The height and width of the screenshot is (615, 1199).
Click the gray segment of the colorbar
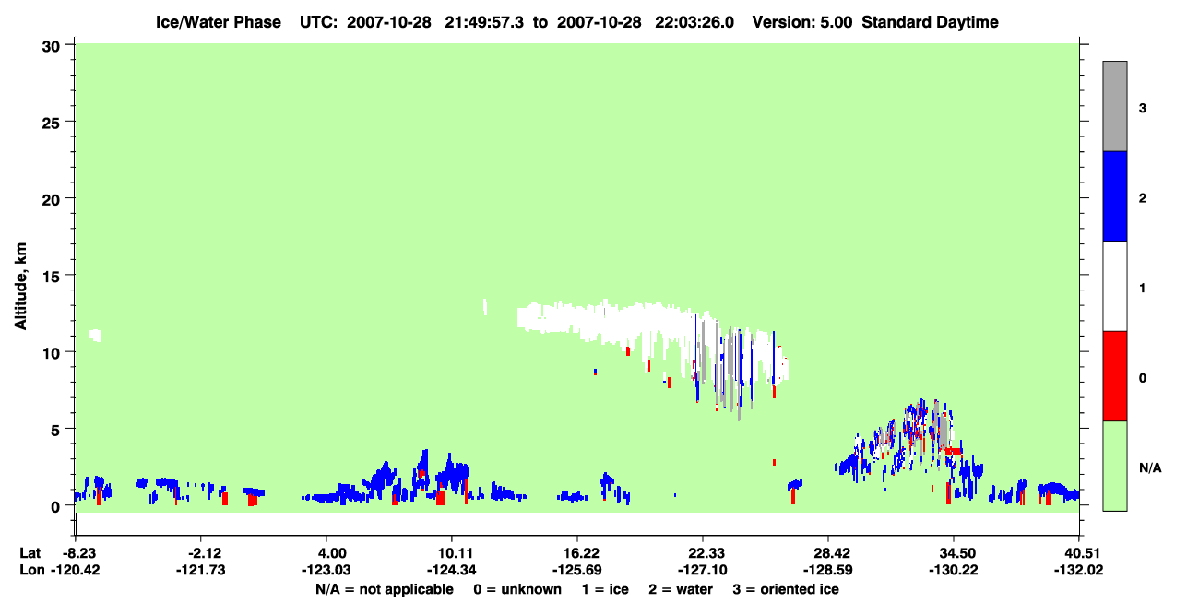pyautogui.click(x=1114, y=106)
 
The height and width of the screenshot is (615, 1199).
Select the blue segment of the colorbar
pyautogui.click(x=1114, y=195)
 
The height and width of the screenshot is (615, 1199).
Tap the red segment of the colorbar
pyautogui.click(x=1114, y=376)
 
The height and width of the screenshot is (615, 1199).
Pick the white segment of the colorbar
pyautogui.click(x=1114, y=286)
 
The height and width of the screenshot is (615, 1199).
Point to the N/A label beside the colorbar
pyautogui.click(x=1150, y=468)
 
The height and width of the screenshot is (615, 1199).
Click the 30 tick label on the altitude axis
pyautogui.click(x=51, y=47)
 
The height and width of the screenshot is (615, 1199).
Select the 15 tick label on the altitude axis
pyautogui.click(x=51, y=276)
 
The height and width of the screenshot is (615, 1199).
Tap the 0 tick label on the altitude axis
pyautogui.click(x=55, y=507)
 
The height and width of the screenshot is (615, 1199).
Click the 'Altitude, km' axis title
pyautogui.click(x=20, y=286)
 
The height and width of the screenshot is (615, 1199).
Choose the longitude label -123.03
pyautogui.click(x=326, y=570)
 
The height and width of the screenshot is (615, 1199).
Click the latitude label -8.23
pyautogui.click(x=78, y=553)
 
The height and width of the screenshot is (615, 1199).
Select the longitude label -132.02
pyautogui.click(x=1078, y=570)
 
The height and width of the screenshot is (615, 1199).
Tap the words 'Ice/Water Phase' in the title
pyautogui.click(x=219, y=22)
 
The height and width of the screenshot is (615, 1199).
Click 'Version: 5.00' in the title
pyautogui.click(x=801, y=22)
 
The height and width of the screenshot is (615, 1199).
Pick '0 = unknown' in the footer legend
pyautogui.click(x=517, y=589)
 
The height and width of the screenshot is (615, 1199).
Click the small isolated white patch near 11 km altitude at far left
pyautogui.click(x=96, y=336)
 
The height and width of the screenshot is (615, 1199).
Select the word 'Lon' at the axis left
pyautogui.click(x=32, y=570)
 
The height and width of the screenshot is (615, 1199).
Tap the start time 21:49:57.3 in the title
pyautogui.click(x=484, y=22)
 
